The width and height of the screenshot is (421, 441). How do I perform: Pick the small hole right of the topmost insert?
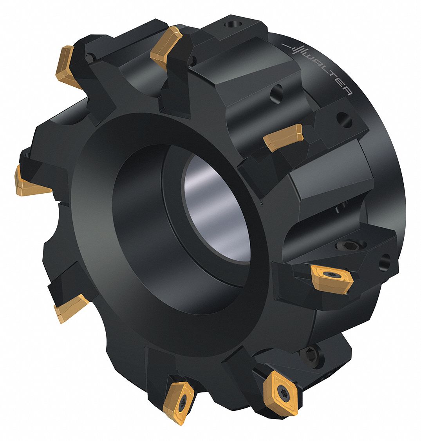tap(193, 60)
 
